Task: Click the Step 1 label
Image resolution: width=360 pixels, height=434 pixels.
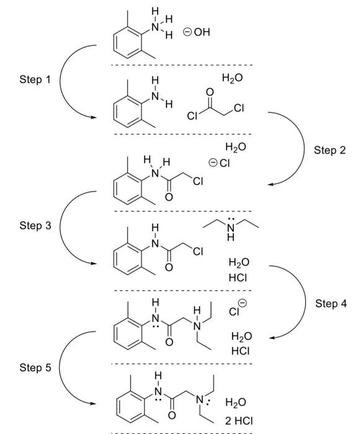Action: click(35, 79)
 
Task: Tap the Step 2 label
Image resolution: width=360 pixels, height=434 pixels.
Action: click(330, 150)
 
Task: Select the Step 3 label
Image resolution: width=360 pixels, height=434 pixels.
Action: click(35, 225)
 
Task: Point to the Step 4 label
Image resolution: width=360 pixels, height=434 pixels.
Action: click(331, 303)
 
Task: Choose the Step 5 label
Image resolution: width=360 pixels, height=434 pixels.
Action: click(35, 368)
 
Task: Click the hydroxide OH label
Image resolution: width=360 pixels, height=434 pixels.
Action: click(202, 32)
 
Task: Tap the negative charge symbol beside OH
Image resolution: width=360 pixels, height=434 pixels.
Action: click(187, 32)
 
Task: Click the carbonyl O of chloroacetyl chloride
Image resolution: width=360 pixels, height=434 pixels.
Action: click(210, 92)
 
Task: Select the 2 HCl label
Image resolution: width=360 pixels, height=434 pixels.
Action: click(239, 421)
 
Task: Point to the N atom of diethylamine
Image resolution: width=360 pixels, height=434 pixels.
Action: click(230, 228)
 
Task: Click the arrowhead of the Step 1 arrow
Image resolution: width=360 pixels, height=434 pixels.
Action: click(94, 117)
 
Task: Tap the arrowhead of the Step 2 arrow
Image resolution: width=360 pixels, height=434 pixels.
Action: click(271, 184)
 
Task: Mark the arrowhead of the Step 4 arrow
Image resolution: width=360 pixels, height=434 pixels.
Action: click(272, 338)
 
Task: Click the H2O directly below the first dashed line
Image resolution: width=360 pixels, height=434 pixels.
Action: click(232, 78)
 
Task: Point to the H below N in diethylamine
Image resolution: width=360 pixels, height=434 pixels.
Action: click(230, 237)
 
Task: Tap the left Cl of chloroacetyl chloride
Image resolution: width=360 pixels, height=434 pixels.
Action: click(192, 116)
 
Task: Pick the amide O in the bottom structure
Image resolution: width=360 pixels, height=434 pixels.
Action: click(172, 415)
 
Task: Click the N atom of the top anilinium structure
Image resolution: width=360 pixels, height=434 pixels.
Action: click(155, 27)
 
